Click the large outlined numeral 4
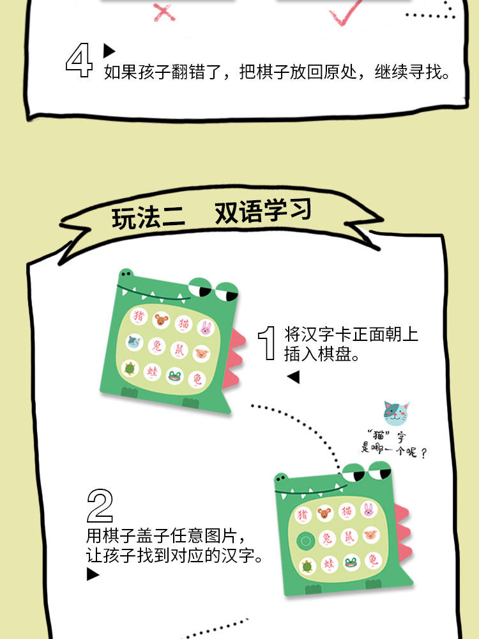coord(79,62)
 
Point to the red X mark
coord(164,12)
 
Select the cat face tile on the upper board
coord(134,343)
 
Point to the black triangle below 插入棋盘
coord(293,377)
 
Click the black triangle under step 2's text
coord(93,574)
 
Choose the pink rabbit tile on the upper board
coord(206,329)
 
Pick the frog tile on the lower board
coord(351,564)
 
